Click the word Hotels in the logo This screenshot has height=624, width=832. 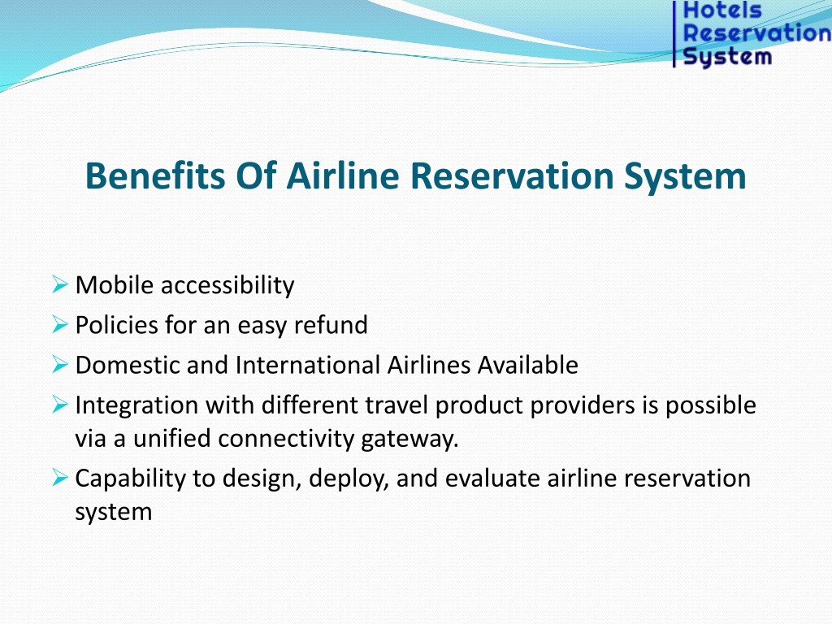pos(722,10)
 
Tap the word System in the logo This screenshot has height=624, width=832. pos(727,57)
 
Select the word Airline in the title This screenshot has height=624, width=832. pos(343,175)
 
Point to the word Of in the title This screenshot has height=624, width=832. pos(256,175)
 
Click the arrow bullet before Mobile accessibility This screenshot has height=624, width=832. pos(60,284)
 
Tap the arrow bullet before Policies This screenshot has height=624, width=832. pos(60,324)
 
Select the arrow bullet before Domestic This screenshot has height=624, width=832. pos(60,365)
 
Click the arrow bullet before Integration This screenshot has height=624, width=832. pos(60,405)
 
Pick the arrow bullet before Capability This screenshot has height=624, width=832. pos(60,478)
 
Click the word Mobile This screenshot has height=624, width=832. pos(115,285)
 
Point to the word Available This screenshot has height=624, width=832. pos(527,365)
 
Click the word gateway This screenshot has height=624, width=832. pos(409,440)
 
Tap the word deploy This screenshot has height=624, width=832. pos(349,479)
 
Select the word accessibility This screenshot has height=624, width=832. pos(227,286)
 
